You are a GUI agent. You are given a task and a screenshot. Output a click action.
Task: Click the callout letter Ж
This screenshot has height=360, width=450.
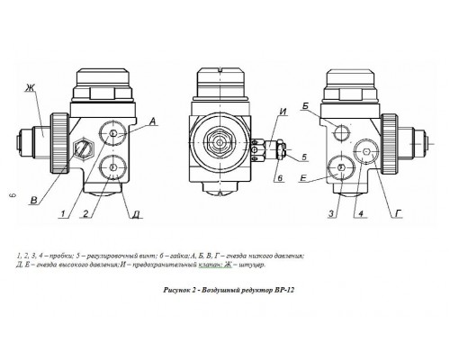(30, 87)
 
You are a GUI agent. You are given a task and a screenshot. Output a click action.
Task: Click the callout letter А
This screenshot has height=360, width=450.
(153, 121)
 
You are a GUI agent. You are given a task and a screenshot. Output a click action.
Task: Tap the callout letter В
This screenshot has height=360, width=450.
(34, 200)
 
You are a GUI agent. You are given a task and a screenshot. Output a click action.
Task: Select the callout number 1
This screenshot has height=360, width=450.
(63, 213)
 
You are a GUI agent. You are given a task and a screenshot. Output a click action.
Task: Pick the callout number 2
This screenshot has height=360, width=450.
(86, 213)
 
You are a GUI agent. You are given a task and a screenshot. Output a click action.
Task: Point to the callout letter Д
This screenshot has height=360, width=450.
(136, 214)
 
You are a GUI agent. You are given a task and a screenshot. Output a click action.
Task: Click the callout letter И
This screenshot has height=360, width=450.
(283, 112)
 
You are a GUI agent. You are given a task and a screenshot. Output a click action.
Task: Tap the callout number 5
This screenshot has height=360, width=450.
(304, 157)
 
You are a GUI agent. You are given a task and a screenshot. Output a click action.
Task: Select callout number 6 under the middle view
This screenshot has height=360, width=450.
(280, 178)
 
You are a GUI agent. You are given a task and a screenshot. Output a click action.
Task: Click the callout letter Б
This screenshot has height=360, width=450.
(305, 106)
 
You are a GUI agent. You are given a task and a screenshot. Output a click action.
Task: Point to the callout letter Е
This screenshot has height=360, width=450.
(303, 179)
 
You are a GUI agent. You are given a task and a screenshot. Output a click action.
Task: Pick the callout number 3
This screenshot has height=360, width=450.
(331, 213)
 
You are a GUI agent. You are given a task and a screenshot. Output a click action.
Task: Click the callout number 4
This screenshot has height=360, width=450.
(361, 213)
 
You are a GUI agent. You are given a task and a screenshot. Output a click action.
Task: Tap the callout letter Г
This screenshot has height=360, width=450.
(399, 213)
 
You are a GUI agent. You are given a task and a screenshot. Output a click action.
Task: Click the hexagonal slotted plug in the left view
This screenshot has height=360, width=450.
(84, 148)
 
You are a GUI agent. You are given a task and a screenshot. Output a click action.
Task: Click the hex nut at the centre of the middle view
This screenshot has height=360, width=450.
(220, 142)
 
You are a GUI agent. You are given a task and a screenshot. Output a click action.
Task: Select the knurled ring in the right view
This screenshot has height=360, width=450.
(390, 144)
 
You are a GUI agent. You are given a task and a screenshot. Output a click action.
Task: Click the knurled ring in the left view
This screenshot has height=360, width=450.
(60, 144)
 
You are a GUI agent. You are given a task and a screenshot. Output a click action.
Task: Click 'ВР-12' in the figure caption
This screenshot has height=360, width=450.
(284, 290)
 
